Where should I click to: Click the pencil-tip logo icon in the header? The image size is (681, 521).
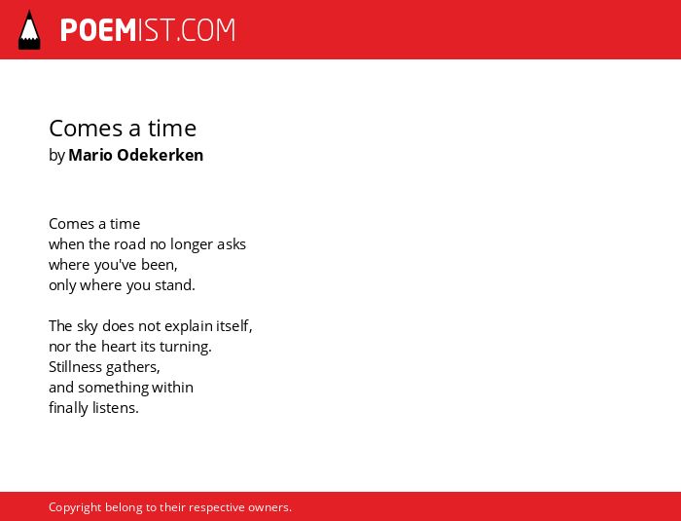[x=29, y=29]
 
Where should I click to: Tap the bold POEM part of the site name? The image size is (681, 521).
[x=98, y=30]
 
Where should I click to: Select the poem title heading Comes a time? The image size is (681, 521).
[x=123, y=129]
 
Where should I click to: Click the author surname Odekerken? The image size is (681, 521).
[x=161, y=155]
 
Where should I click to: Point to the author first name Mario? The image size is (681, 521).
[x=90, y=155]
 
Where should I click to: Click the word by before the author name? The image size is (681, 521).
[x=56, y=156]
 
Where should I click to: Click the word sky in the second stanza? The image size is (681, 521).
[x=88, y=326]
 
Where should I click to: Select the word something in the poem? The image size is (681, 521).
[x=113, y=388]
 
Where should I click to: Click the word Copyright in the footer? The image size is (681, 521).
[x=75, y=507]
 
